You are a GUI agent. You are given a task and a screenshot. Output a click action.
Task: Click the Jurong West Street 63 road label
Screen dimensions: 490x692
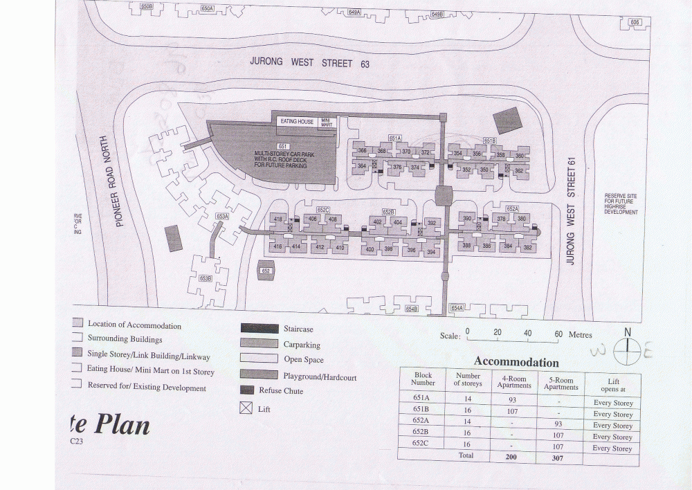[309, 62]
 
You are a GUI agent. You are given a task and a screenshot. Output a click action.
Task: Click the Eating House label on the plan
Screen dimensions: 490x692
[297, 122]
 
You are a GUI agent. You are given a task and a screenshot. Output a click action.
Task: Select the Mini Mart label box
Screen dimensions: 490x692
[326, 122]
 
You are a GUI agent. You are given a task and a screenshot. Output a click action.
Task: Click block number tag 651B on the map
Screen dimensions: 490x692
[490, 140]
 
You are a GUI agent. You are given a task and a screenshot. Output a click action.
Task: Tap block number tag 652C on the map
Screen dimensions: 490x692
[322, 209]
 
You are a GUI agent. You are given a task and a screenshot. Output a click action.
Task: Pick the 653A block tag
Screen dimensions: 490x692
[222, 216]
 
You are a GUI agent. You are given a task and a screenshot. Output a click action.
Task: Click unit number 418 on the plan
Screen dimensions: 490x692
[278, 219]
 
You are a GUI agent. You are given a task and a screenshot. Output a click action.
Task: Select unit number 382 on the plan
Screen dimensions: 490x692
[528, 247]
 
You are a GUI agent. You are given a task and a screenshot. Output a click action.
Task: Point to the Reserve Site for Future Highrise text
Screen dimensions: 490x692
[620, 204]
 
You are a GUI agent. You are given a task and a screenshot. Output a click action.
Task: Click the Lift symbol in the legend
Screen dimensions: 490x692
[246, 408]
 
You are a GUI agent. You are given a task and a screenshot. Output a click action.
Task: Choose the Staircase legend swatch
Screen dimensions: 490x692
[259, 329]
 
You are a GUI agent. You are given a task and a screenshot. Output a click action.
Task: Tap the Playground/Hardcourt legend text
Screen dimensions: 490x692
[320, 376]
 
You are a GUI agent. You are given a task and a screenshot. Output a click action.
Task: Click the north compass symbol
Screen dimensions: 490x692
[627, 351]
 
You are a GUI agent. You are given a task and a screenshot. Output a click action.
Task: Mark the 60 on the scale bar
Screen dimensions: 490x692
[558, 334]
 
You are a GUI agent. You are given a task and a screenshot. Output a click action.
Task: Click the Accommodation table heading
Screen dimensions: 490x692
[516, 362]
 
